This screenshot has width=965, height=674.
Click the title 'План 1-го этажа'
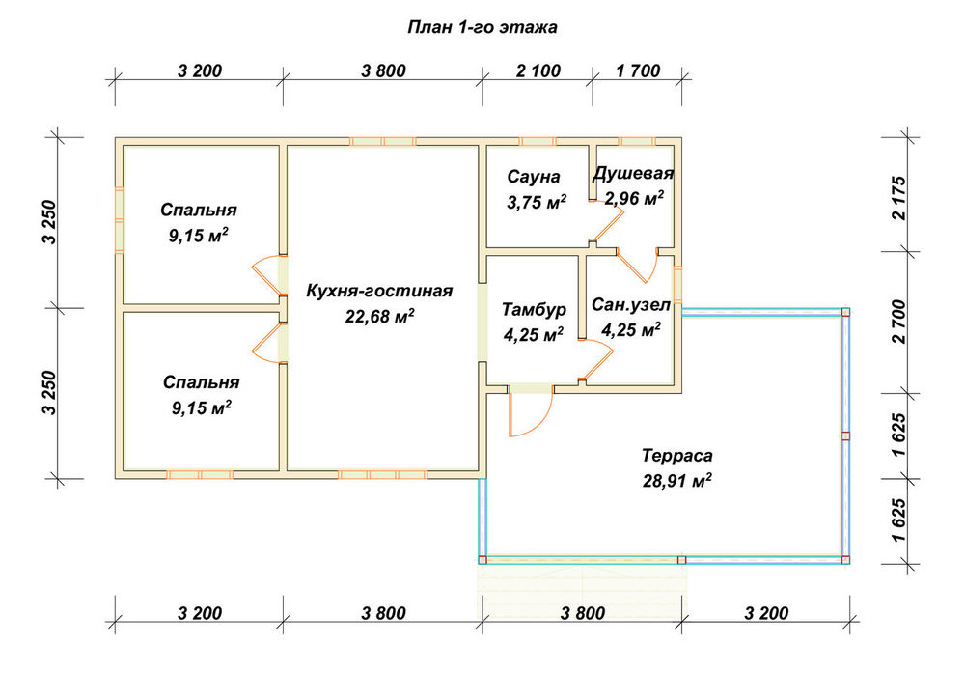(x=482, y=27)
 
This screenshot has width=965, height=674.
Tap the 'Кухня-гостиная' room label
(x=379, y=291)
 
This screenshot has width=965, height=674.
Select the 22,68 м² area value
(x=379, y=316)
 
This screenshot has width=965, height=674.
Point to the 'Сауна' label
(x=534, y=177)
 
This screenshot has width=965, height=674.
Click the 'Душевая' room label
(x=633, y=173)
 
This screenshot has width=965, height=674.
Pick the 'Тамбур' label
(x=534, y=309)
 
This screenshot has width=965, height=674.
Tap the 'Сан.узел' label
(x=631, y=304)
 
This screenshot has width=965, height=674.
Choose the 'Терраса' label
(x=677, y=456)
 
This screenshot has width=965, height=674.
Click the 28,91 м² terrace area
(x=677, y=481)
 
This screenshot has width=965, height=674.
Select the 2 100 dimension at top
(x=538, y=70)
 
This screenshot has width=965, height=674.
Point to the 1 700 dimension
(x=638, y=70)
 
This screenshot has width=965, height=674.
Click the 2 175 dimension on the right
(x=899, y=198)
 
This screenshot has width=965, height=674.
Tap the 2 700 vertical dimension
(x=899, y=322)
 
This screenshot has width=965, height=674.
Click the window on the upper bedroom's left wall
(x=120, y=220)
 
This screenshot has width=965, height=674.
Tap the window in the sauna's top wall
(x=538, y=142)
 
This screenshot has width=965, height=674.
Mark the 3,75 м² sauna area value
(x=537, y=202)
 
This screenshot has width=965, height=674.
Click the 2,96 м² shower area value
(x=634, y=198)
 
